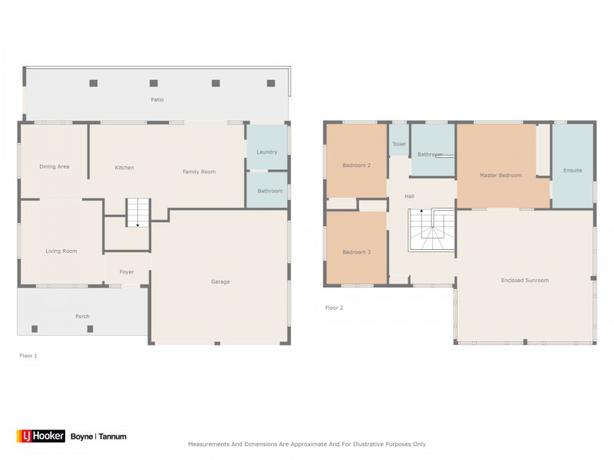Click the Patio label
[157, 100]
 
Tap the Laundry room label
[266, 152]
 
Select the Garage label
[220, 281]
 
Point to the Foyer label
[127, 272]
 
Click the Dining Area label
[54, 166]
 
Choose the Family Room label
[199, 172]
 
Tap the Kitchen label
[124, 167]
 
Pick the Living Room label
[61, 251]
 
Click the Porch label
[82, 316]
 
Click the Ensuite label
[573, 170]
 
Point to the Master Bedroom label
[501, 176]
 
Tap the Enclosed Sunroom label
[525, 280]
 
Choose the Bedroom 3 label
[356, 252]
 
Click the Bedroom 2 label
[356, 165]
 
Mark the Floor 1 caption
[28, 356]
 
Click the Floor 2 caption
[334, 308]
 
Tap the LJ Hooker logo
[41, 435]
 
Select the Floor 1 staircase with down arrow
[138, 212]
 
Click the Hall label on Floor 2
[409, 196]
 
